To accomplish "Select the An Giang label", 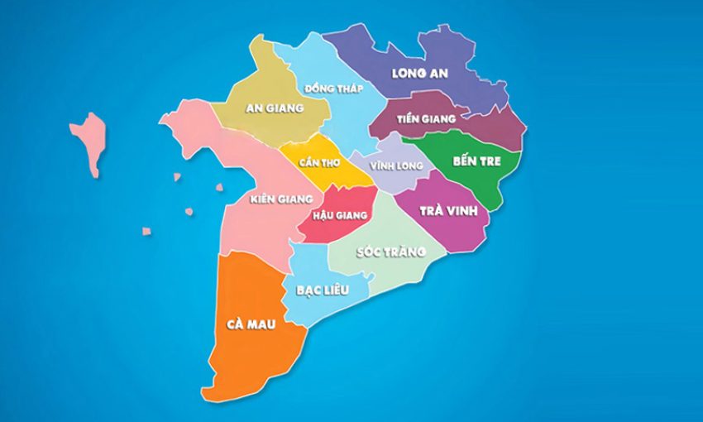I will tap(275, 108).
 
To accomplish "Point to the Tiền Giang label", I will tap(426, 119).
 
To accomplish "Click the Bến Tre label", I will tap(476, 161).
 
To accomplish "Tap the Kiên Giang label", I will tap(280, 199).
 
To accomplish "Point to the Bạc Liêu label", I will tap(322, 290).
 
